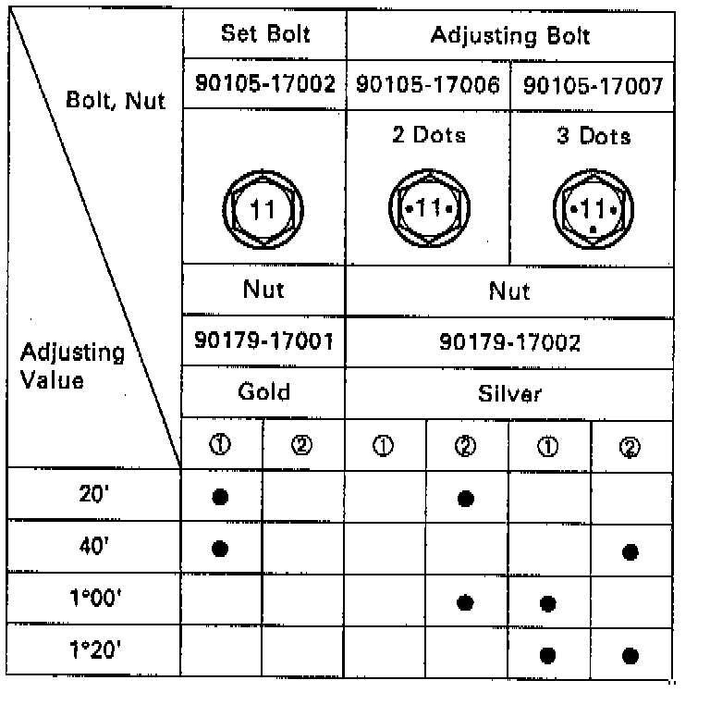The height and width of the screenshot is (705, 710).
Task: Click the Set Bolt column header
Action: click(263, 36)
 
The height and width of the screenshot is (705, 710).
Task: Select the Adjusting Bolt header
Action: click(509, 37)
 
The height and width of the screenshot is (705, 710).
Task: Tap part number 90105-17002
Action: click(263, 85)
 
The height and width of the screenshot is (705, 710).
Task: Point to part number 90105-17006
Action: click(427, 85)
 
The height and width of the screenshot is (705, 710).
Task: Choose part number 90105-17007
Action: click(593, 86)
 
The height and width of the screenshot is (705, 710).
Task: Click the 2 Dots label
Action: click(427, 135)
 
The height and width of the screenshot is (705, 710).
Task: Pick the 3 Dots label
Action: click(593, 136)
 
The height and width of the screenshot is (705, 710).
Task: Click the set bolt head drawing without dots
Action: click(263, 210)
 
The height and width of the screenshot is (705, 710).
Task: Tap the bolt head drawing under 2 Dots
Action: click(427, 210)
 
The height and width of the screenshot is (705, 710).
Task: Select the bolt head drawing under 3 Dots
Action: click(592, 210)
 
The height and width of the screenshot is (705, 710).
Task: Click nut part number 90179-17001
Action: click(263, 343)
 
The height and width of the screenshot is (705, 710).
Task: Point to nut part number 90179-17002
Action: click(509, 343)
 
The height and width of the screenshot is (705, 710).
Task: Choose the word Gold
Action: click(263, 391)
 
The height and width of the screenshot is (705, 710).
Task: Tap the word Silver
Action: click(509, 393)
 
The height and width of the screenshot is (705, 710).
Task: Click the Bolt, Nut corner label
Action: click(116, 99)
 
